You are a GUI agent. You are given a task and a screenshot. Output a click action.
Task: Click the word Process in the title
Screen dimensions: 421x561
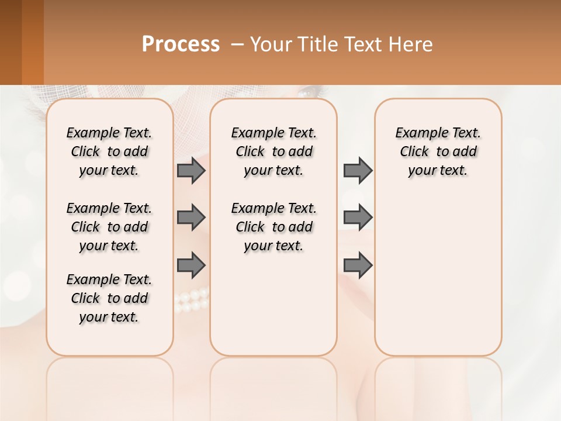tap(181, 44)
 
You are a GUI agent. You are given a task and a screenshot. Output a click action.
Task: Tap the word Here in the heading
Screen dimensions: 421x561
tap(411, 44)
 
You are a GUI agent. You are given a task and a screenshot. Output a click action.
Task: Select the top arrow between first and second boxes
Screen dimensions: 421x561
tap(191, 170)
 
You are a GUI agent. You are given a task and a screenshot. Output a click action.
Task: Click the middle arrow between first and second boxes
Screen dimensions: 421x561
tap(191, 218)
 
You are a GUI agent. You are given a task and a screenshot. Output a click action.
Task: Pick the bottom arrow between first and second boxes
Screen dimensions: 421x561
tap(191, 265)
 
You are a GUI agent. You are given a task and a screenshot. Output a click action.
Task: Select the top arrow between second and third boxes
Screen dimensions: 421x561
tap(358, 170)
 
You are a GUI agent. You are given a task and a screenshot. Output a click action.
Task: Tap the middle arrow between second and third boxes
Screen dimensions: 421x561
tap(358, 218)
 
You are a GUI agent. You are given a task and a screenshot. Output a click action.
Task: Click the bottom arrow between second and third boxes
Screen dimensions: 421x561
tap(358, 265)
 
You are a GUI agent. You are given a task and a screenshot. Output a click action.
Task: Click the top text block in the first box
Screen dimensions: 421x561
tap(109, 151)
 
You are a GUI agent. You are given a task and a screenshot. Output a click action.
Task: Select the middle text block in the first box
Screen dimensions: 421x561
tap(109, 227)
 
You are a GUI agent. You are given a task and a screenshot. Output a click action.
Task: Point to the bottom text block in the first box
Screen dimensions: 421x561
tap(109, 298)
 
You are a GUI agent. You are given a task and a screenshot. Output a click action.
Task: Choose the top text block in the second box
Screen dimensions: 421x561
tap(273, 151)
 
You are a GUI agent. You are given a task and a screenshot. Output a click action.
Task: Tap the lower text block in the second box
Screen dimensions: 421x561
tap(273, 227)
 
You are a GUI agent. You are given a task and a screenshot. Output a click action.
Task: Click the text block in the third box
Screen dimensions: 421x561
tap(438, 151)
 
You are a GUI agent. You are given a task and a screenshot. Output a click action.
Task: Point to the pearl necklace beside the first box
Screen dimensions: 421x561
tap(192, 299)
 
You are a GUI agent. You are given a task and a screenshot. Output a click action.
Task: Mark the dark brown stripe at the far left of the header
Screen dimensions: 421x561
tap(11, 42)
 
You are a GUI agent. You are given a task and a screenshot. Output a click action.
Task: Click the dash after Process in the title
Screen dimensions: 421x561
tap(237, 44)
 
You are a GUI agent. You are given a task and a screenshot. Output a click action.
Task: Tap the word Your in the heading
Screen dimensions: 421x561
tap(269, 44)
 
